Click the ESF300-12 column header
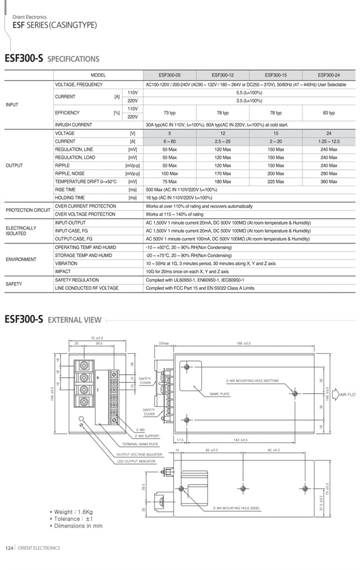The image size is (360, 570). tap(222, 75)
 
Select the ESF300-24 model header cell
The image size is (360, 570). tap(329, 75)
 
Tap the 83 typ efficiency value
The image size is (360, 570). tap(329, 113)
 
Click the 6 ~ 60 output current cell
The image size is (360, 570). tap(169, 141)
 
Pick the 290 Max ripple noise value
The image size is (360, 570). tap(329, 174)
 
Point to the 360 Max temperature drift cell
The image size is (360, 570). tap(329, 182)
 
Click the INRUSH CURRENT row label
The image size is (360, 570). tap(74, 125)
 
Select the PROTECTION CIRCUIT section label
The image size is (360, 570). tap(28, 210)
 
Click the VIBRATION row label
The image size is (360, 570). tap(66, 263)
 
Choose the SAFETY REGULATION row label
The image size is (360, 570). tap(77, 280)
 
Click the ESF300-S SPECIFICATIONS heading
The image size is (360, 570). tap(52, 59)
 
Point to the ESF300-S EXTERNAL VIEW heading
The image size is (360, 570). tap(52, 319)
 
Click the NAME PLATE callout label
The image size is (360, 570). tap(220, 394)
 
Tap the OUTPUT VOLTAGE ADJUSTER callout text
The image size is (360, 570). tap(139, 455)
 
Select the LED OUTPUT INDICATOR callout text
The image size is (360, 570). tap(136, 461)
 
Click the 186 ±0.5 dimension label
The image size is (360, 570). tap(244, 343)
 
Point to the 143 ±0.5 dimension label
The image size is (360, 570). tap(240, 440)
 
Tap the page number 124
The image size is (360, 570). tap(9, 548)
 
